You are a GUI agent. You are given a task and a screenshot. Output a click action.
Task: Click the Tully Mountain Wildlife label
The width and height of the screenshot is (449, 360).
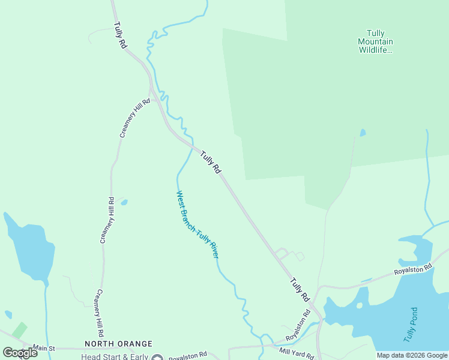[375, 41]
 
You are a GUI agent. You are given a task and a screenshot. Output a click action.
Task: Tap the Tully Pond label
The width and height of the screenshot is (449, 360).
[411, 325]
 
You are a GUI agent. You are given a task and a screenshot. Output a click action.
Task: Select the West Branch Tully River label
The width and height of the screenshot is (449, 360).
[197, 224]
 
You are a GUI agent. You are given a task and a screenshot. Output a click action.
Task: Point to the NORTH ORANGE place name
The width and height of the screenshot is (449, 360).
[118, 344]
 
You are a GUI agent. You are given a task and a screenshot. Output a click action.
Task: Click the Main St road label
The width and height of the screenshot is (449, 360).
[44, 348]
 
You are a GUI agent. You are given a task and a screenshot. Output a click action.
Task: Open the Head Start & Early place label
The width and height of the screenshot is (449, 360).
[114, 356]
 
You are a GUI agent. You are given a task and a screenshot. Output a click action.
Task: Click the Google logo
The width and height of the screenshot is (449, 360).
[20, 352]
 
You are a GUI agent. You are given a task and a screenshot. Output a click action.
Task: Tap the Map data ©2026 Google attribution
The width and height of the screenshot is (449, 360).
[412, 355]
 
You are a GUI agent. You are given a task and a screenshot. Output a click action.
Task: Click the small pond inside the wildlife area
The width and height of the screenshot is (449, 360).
[362, 133]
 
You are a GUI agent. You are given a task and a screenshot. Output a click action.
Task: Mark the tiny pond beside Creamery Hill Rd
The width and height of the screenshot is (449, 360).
[124, 203]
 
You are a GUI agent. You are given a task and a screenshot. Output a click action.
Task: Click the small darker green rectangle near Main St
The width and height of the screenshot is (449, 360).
[19, 330]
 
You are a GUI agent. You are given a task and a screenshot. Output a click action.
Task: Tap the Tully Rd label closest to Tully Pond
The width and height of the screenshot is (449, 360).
[298, 289]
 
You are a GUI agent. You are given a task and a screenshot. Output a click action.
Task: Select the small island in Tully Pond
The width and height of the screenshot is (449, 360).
[359, 305]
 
